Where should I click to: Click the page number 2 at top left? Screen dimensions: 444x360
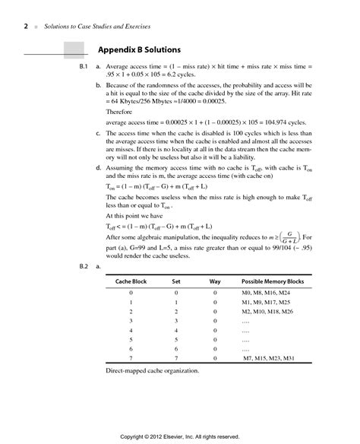[27, 27]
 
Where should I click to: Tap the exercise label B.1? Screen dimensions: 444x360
[84, 68]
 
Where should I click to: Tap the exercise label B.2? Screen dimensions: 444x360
[84, 267]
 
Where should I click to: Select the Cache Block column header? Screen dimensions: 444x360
[131, 281]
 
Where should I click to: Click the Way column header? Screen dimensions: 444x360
[215, 281]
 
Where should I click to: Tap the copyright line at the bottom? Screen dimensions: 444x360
[180, 436]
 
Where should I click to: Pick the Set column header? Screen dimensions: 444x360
[176, 281]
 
